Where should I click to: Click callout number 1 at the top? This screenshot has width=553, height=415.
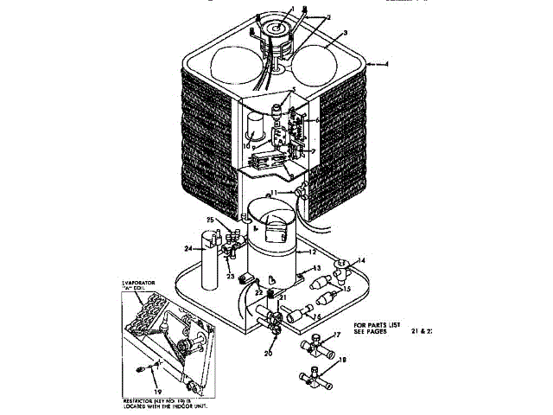pyautogui.click(x=293, y=9)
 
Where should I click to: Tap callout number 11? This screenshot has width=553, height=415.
pyautogui.click(x=273, y=191)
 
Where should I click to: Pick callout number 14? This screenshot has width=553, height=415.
pyautogui.click(x=361, y=259)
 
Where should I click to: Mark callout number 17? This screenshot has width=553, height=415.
pyautogui.click(x=338, y=335)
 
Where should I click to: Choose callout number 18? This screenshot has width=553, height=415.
pyautogui.click(x=343, y=360)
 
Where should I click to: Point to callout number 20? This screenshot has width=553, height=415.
pyautogui.click(x=268, y=354)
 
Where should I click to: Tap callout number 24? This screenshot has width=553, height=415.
pyautogui.click(x=188, y=248)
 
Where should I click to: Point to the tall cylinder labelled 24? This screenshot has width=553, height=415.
pyautogui.click(x=208, y=269)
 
